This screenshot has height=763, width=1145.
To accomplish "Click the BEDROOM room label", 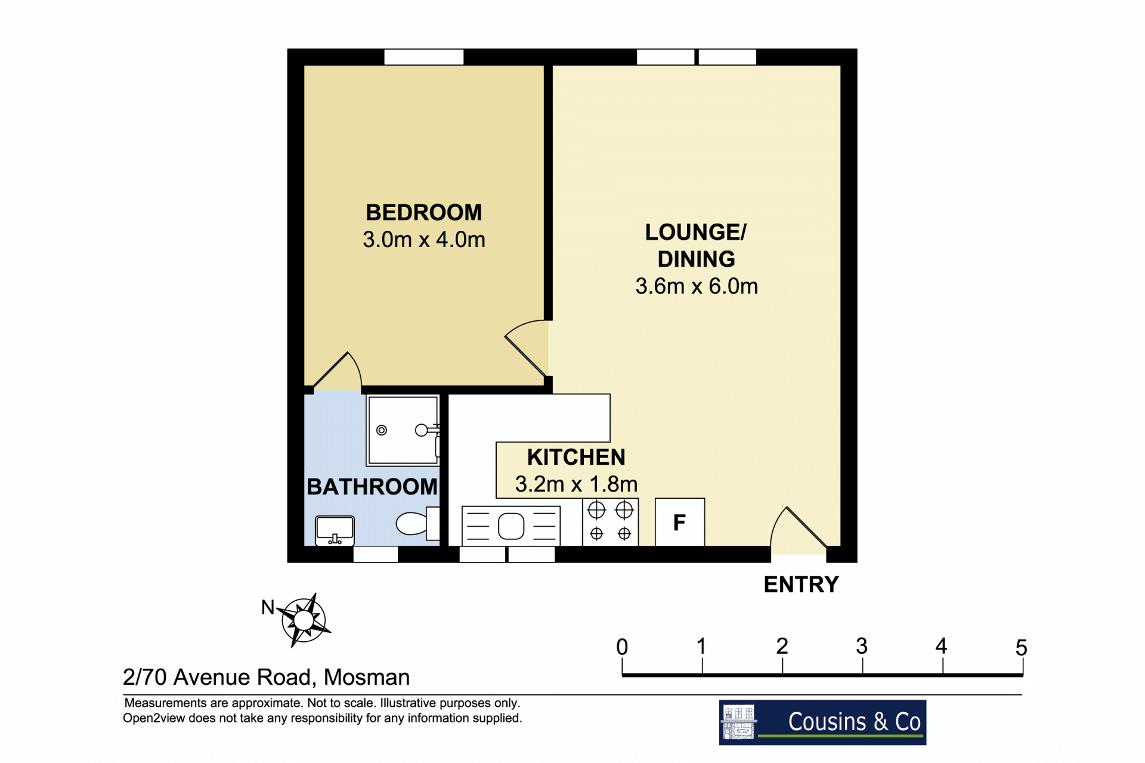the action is [423, 212].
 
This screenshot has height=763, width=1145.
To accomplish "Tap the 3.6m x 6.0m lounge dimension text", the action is [697, 286].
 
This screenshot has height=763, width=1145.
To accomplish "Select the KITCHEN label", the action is [576, 457].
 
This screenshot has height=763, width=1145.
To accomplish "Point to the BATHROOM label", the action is [372, 487].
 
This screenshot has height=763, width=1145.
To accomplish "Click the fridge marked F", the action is [680, 522].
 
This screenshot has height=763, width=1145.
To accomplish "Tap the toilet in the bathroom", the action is [417, 524].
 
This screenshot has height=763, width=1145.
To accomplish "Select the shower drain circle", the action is [382, 430].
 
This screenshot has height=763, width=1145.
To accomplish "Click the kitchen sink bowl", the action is [511, 526].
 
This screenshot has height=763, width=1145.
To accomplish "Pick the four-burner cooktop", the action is [611, 522].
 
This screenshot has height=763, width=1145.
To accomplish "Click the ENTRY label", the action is [801, 585].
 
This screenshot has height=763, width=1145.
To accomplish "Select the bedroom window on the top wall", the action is [424, 57].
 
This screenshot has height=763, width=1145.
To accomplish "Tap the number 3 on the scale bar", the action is [862, 646].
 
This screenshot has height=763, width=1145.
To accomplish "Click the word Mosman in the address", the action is [367, 678].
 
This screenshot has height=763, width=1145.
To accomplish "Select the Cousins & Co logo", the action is [822, 722].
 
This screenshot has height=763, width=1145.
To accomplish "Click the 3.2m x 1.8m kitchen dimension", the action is [576, 484].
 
